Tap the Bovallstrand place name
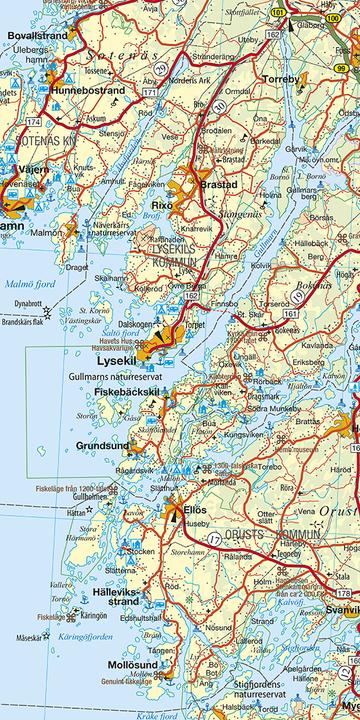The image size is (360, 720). [x=38, y=34]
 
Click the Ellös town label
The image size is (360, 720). [x=195, y=510]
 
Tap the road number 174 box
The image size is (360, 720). [x=33, y=121]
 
